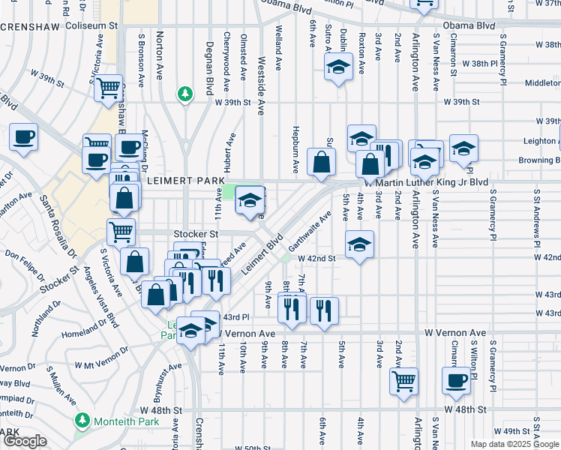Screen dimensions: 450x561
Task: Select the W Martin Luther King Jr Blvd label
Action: coord(425,182)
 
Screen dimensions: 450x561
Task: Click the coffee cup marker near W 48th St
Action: coord(456,380)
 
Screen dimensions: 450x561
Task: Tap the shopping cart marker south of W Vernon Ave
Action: coord(404,380)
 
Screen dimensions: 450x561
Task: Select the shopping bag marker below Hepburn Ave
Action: coord(321,161)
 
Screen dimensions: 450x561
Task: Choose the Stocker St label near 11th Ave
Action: coord(195,234)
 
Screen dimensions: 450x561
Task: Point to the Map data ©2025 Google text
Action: coord(514,444)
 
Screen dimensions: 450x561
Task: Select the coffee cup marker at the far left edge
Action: coord(23,137)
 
